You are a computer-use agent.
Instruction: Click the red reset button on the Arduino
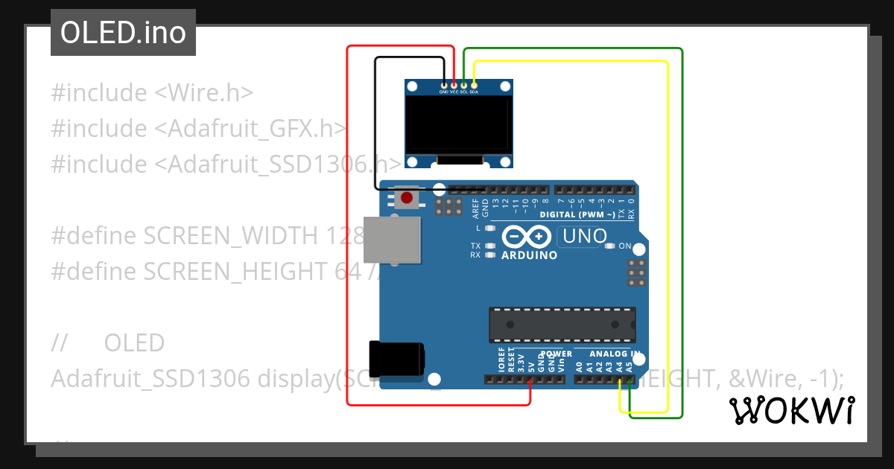click(x=407, y=198)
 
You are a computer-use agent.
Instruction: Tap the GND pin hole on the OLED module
click(x=444, y=86)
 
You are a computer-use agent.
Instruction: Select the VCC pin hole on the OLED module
click(x=454, y=86)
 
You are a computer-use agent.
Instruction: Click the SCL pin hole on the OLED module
click(x=463, y=86)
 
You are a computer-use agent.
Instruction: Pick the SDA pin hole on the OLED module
click(x=474, y=86)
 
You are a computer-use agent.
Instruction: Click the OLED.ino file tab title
click(x=123, y=33)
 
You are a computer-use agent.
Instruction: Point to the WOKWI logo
click(x=791, y=410)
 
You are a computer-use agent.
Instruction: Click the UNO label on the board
click(x=585, y=237)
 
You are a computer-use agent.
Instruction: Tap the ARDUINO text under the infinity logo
click(x=529, y=255)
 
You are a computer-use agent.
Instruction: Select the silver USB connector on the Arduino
click(x=393, y=241)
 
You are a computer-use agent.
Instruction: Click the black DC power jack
click(x=396, y=358)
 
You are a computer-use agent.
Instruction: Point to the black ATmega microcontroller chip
click(x=562, y=325)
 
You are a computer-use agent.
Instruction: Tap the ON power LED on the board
click(x=610, y=246)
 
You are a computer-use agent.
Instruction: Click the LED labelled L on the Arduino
click(x=489, y=228)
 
